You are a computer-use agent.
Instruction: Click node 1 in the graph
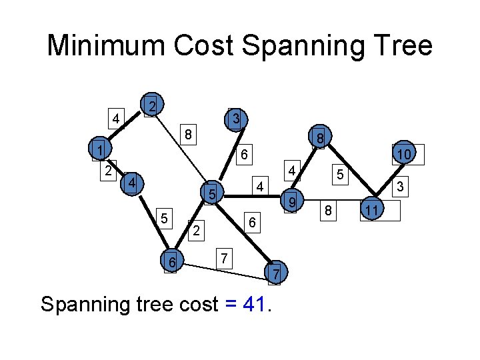[99, 150]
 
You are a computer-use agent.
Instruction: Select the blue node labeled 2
[153, 105]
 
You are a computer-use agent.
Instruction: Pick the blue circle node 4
[133, 182]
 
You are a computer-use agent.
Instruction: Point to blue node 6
[172, 263]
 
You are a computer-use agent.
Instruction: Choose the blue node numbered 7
[277, 273]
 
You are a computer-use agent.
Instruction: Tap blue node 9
[291, 201]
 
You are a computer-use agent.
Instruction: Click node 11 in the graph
[373, 211]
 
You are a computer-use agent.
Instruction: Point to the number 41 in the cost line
[255, 305]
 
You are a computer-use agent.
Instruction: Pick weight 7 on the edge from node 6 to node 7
[225, 257]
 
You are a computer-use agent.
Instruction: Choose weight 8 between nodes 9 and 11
[328, 211]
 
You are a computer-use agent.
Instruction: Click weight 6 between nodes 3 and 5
[245, 155]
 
